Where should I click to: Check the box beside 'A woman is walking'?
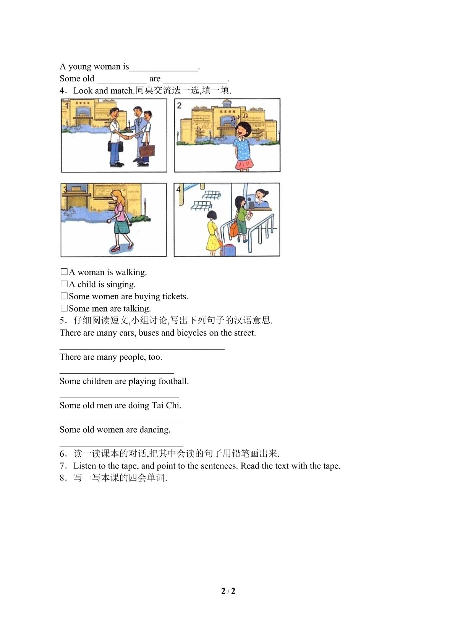pyautogui.click(x=64, y=271)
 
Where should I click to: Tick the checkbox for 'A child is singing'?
pyautogui.click(x=64, y=284)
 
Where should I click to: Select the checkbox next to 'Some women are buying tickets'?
pyautogui.click(x=64, y=296)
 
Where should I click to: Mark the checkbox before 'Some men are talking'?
pyautogui.click(x=64, y=308)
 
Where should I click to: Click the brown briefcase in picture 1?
pyautogui.click(x=147, y=151)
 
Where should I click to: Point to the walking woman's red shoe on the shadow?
pyautogui.click(x=117, y=249)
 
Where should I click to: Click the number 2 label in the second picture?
pyautogui.click(x=179, y=106)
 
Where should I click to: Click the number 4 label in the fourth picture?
pyautogui.click(x=179, y=189)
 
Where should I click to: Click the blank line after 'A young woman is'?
pyautogui.click(x=164, y=70)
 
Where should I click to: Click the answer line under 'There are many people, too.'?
pyautogui.click(x=117, y=373)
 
